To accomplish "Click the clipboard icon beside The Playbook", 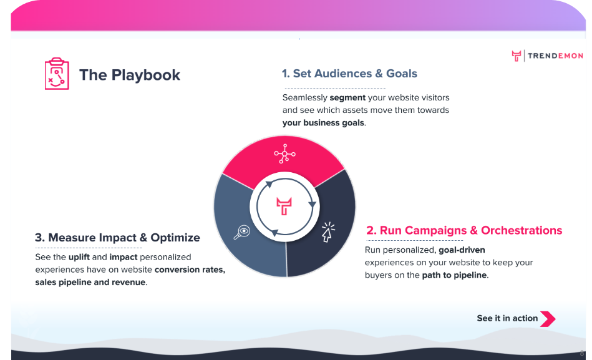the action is pos(57,74).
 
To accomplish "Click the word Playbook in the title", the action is pos(146,75).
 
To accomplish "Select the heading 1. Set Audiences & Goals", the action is pos(349,73).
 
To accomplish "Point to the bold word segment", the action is pos(347,98).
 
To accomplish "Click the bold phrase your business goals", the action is pos(323,123).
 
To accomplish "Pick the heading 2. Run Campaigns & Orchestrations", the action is pos(464,230).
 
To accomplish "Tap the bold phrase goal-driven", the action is pos(462,250).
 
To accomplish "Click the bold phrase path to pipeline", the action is pos(454,275).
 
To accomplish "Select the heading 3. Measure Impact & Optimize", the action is pos(117,238).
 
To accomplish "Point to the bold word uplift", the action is pos(79,257).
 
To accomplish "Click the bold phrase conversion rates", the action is pos(190,270).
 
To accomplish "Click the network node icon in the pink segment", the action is pos(284,153).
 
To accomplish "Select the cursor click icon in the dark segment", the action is pos(328,231).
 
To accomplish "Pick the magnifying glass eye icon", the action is pos(241,232).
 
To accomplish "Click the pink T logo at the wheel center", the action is pos(284,207).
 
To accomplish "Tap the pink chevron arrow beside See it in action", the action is pos(548,318).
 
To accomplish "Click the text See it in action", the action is pos(507,318).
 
